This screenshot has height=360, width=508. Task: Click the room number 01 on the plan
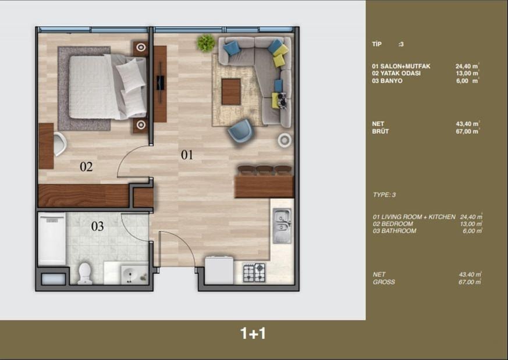coord(187,155)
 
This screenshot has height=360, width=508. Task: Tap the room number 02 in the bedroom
coord(86,167)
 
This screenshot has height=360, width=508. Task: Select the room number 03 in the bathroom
coord(98,226)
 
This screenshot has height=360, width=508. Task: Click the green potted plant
coord(206,42)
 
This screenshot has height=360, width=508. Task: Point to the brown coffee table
coord(231,92)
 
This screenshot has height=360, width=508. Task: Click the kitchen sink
coord(282,226)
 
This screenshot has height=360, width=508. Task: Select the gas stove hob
coord(254,273)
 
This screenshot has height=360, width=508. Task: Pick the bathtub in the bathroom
coord(52,239)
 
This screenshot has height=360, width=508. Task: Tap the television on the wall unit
coord(161,83)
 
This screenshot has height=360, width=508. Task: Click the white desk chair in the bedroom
coord(60,144)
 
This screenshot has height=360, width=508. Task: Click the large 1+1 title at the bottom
coord(253,333)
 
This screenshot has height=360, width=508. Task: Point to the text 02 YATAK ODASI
coord(396,73)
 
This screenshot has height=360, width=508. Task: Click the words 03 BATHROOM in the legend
coord(395,231)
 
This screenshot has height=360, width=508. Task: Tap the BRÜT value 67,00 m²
coord(467,131)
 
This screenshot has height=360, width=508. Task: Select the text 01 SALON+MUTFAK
coord(401,66)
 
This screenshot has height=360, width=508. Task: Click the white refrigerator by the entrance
coord(219,270)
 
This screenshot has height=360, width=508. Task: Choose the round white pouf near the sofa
coord(285,141)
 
